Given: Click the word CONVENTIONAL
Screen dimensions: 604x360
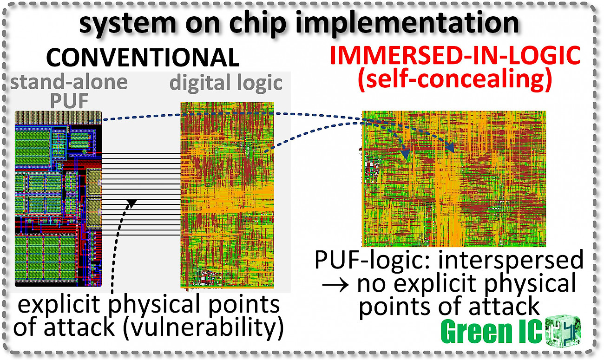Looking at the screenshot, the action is (143, 58).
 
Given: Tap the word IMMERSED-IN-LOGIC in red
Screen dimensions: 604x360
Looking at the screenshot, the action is (455, 55).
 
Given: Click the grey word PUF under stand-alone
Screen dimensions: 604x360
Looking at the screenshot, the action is (69, 101).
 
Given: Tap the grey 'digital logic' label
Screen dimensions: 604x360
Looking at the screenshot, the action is (226, 83).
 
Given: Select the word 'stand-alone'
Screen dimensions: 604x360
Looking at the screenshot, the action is (69, 82).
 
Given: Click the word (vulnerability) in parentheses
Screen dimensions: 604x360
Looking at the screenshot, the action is (204, 327).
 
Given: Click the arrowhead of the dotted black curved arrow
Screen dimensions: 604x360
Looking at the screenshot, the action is (131, 203).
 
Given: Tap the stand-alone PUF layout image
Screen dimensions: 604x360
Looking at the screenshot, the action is (58, 199).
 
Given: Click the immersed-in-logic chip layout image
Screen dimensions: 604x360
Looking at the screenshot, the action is (454, 179).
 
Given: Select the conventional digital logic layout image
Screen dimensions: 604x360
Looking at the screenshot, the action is (227, 195).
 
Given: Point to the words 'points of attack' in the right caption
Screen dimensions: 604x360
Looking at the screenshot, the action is (449, 307).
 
